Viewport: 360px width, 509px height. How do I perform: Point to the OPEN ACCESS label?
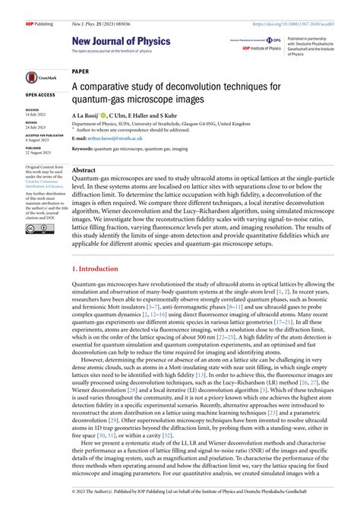pos(40,95)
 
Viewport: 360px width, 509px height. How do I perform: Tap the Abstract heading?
pos(83,171)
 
